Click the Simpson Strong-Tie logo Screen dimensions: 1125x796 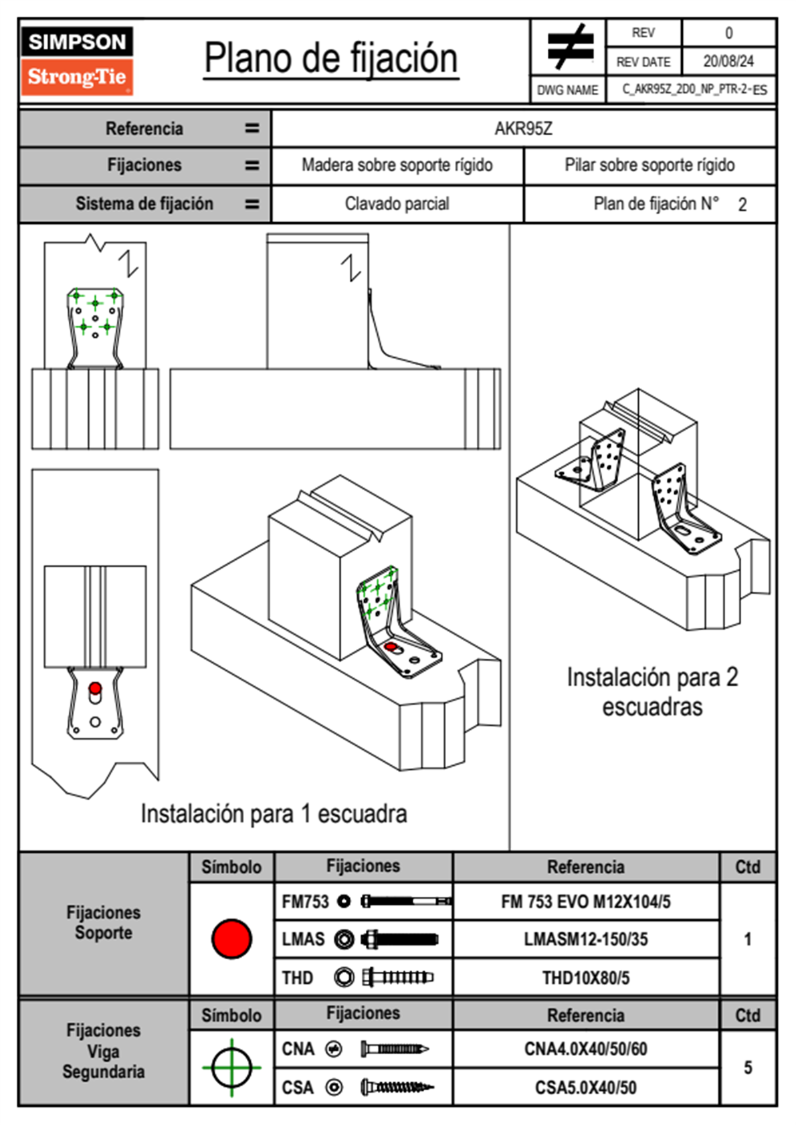point(77,60)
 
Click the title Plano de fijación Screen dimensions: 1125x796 point(330,59)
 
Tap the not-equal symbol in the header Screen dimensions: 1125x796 point(569,47)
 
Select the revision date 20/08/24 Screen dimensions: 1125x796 point(728,62)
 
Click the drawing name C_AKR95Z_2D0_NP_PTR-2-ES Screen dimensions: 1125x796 point(694,90)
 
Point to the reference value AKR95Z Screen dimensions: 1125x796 point(523,128)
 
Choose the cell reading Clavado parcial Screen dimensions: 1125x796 point(397,203)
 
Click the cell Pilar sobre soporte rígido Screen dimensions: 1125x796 point(650,165)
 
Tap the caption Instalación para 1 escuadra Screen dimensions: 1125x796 point(274,813)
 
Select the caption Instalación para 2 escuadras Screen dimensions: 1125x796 point(652,692)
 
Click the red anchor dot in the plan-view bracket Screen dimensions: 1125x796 point(95,688)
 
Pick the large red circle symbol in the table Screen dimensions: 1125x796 point(231,938)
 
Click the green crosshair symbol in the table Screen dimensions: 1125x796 point(231,1067)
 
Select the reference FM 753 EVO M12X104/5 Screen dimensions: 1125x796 point(585,902)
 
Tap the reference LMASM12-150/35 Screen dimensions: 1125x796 point(585,939)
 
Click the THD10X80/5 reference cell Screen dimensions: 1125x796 point(585,978)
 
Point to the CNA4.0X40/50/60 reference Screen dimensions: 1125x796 point(585,1049)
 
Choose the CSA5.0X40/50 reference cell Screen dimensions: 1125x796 point(585,1088)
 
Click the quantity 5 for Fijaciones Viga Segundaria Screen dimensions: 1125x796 point(747,1067)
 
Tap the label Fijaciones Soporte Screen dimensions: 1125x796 point(103,922)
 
